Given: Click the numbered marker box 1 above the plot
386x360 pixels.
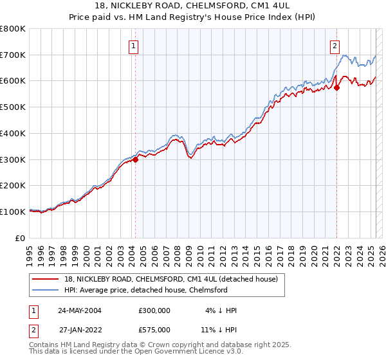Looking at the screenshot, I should coord(133,46).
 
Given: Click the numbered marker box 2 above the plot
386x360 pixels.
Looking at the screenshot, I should coord(335,46).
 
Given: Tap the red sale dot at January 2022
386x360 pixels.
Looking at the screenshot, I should coord(336,88).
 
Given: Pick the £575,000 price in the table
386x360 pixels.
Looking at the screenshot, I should coord(154,329).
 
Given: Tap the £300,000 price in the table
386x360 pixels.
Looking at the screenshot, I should coord(154,310).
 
